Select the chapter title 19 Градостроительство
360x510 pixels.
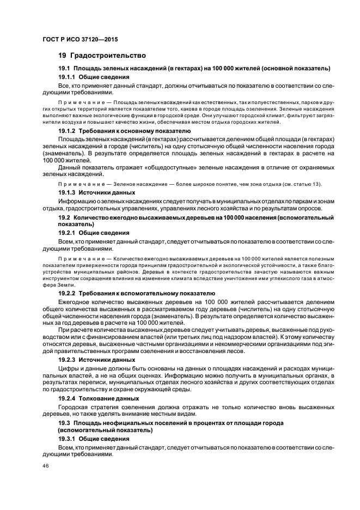click(102, 56)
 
